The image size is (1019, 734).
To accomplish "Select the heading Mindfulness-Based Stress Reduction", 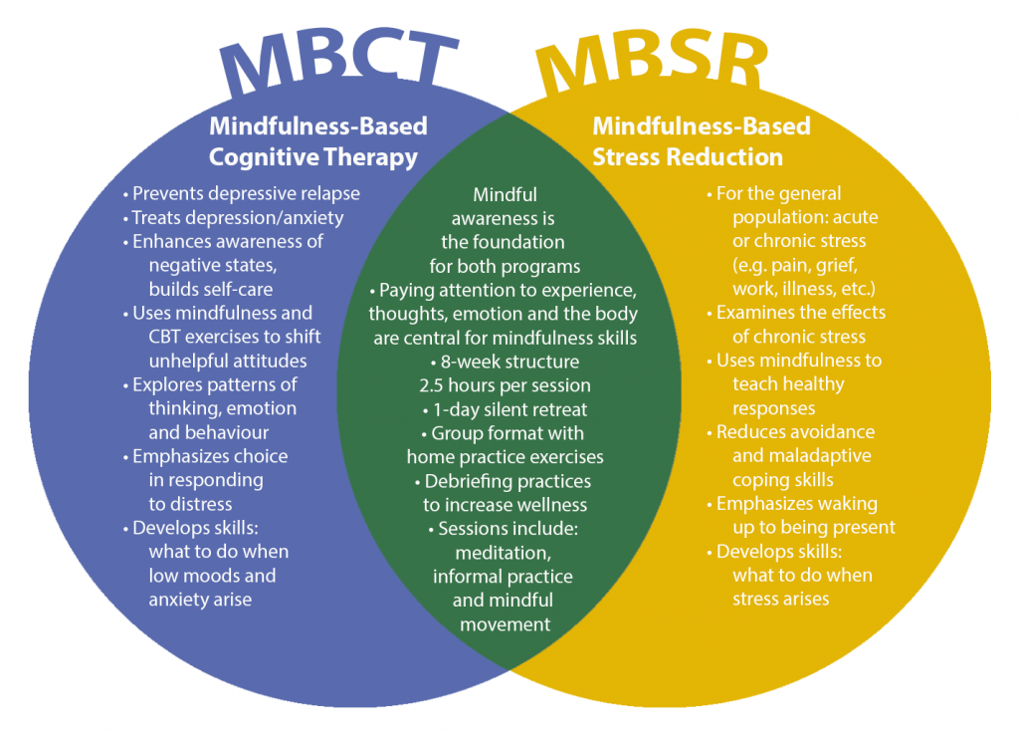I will click(701, 142).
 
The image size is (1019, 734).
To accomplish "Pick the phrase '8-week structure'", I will click(506, 362).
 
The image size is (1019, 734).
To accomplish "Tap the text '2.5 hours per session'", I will click(506, 385).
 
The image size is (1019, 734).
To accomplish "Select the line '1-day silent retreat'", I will click(506, 409).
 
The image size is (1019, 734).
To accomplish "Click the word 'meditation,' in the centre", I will click(504, 553).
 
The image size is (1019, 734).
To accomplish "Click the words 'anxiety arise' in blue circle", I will click(201, 600).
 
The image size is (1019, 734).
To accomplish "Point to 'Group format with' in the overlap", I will click(506, 433).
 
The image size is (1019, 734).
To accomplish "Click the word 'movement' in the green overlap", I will click(505, 624).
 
